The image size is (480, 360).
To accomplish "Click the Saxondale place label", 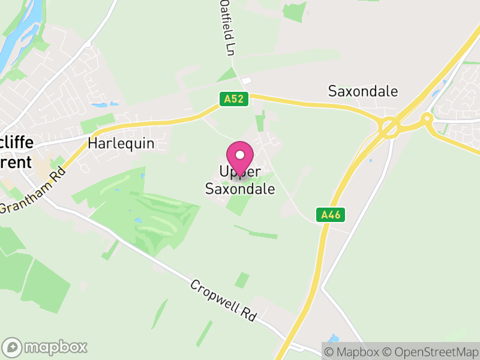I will [x=363, y=91].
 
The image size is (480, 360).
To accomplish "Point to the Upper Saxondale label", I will [x=240, y=181].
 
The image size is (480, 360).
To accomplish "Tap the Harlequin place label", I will [x=121, y=143].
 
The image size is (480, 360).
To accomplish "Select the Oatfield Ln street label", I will [x=227, y=28].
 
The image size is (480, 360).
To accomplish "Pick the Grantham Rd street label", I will [x=32, y=188].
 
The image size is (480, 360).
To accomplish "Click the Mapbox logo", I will [x=46, y=347].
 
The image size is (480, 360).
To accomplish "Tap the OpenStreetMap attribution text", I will [x=431, y=352].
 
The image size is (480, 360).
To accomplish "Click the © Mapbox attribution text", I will [x=354, y=352].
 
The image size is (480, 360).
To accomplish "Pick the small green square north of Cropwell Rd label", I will [x=242, y=280].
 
